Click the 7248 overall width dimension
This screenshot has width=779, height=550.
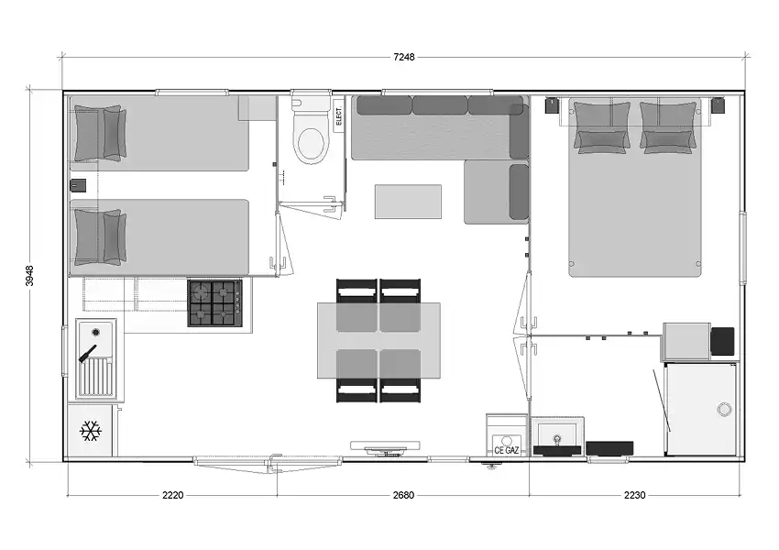click(x=404, y=57)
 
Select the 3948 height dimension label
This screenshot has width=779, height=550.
click(x=29, y=276)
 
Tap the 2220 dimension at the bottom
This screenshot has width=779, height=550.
click(x=172, y=495)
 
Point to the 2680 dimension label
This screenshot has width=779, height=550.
click(x=403, y=495)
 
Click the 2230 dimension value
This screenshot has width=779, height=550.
click(x=634, y=495)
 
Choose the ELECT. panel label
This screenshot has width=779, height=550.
click(x=339, y=115)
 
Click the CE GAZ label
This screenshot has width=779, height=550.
click(x=506, y=450)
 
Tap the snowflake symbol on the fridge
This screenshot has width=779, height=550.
click(x=91, y=431)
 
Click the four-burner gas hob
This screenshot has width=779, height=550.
click(x=215, y=303)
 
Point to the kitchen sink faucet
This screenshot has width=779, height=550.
click(x=87, y=353)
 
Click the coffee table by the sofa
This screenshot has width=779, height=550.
click(x=408, y=202)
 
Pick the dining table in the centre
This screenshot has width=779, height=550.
click(x=379, y=340)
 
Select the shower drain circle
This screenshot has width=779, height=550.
click(x=724, y=410)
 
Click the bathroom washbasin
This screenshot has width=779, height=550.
click(x=557, y=435)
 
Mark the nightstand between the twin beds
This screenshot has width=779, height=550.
click(x=78, y=185)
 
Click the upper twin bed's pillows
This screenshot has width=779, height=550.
click(x=100, y=133)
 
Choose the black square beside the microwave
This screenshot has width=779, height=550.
click(x=722, y=341)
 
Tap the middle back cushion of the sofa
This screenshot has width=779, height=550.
click(x=440, y=105)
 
